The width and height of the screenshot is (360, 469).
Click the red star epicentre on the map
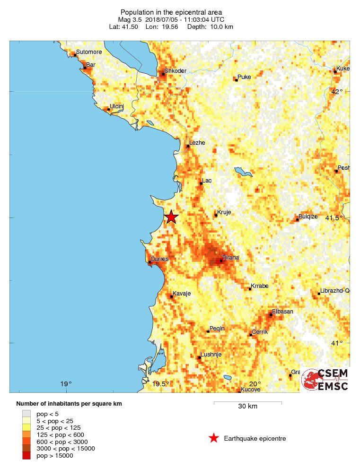[x=171, y=217]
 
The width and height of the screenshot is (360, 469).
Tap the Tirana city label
[x=231, y=258]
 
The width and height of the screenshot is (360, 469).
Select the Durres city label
[x=159, y=259]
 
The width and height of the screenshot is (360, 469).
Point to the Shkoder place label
[x=176, y=71]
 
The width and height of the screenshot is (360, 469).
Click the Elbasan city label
[x=281, y=312]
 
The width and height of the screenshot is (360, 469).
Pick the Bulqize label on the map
[x=308, y=216]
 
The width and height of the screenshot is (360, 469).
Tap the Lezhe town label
[x=197, y=142]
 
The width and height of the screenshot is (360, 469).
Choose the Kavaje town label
[x=182, y=294]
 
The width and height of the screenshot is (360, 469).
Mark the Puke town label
[x=244, y=77]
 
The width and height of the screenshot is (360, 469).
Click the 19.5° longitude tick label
[x=161, y=384]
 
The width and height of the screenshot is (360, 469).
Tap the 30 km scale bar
[x=247, y=403]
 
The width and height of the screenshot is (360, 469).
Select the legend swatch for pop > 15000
[x=26, y=455]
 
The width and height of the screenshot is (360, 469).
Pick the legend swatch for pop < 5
[x=26, y=414]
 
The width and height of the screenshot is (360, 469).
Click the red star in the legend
[x=214, y=438]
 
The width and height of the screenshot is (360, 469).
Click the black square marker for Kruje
[x=216, y=215]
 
